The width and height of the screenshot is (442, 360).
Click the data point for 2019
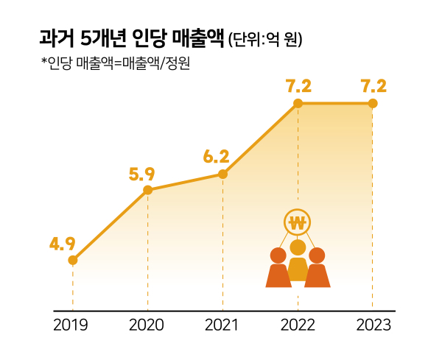point(73,260)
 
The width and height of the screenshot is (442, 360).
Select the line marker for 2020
point(147,190)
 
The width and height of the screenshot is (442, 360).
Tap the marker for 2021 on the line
point(222,174)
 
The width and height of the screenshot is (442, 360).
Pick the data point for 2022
point(298,104)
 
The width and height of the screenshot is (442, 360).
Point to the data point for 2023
point(373,104)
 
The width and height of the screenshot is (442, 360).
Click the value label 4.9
point(63,243)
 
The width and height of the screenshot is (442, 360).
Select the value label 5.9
point(141,174)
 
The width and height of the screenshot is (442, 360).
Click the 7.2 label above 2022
point(298,85)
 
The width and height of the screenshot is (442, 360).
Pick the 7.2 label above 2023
point(373,85)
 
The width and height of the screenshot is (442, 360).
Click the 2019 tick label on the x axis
point(71,325)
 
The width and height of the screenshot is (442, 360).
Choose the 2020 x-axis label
point(147,325)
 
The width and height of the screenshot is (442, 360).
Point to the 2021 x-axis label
point(222,325)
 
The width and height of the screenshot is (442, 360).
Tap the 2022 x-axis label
point(298,325)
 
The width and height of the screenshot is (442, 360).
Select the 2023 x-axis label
point(373,325)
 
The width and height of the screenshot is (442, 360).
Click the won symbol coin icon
point(298,223)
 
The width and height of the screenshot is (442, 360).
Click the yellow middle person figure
point(298,261)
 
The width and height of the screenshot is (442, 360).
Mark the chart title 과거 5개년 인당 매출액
point(133,38)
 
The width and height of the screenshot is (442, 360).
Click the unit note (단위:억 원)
point(265,39)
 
